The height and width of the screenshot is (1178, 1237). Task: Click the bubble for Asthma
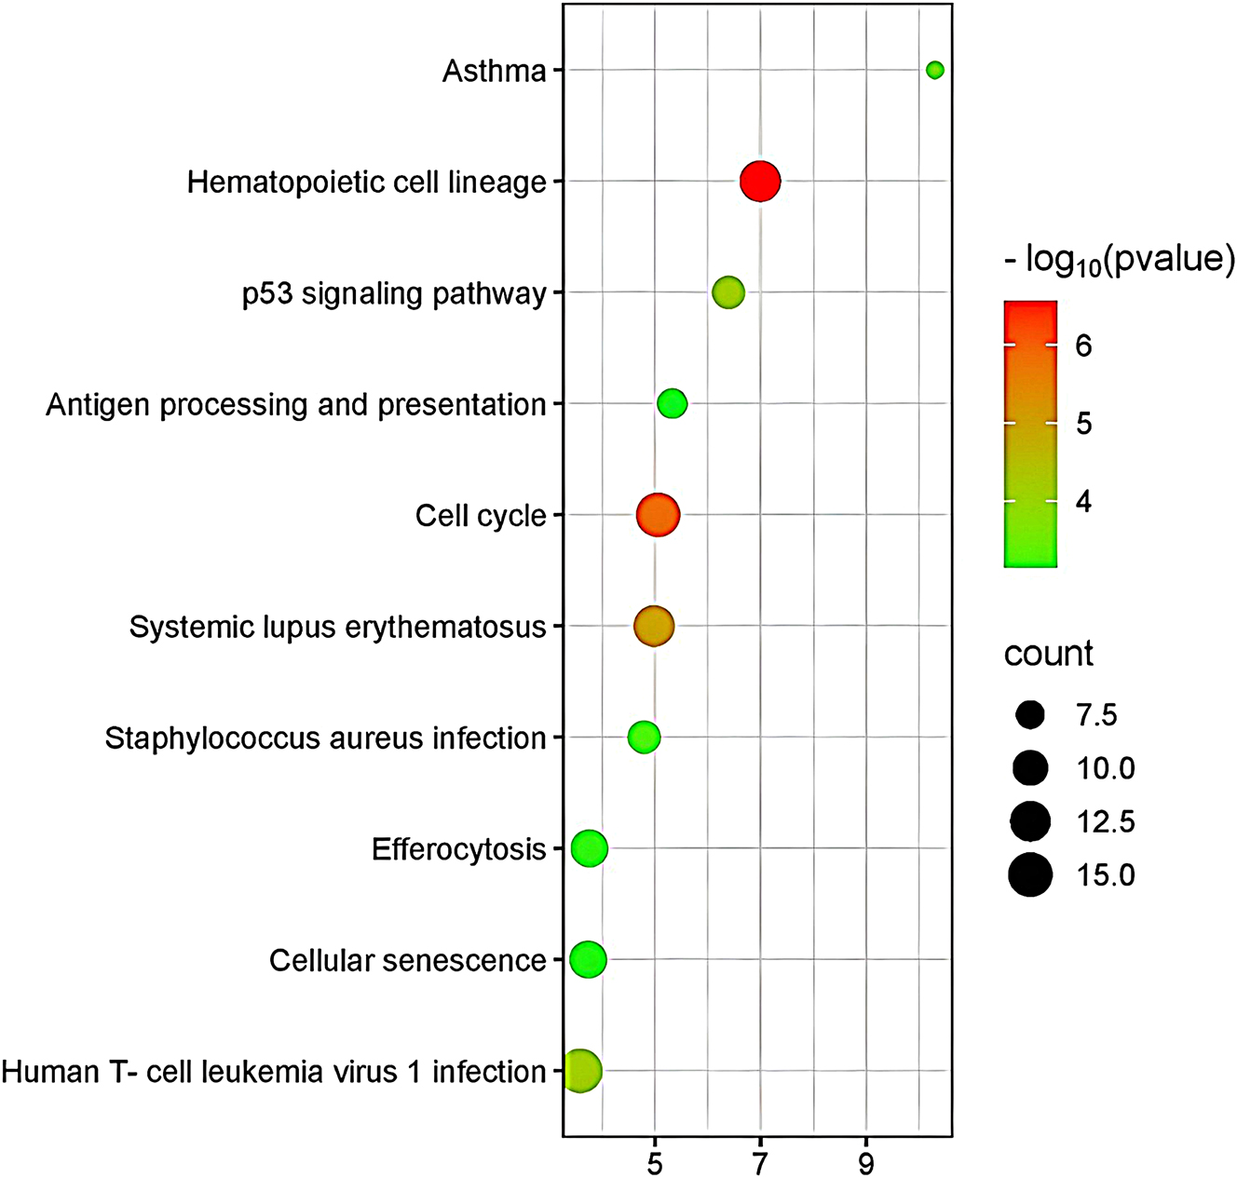(934, 70)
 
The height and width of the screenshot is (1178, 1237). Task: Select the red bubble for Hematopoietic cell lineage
(760, 181)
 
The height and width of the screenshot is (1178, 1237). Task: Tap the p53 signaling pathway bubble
(727, 292)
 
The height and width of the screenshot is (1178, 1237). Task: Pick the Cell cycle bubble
(658, 515)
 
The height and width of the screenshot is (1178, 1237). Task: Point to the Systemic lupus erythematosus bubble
(653, 626)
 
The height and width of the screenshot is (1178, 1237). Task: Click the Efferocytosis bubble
(589, 848)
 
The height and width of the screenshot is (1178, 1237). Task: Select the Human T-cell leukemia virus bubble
(581, 1071)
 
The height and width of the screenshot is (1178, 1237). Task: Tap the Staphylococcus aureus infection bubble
(644, 738)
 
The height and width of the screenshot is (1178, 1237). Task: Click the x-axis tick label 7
(760, 1162)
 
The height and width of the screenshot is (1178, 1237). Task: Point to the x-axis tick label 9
(866, 1162)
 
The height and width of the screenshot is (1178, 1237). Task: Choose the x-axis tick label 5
(654, 1162)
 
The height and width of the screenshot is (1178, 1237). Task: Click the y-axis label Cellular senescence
(407, 960)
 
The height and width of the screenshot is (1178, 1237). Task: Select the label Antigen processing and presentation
(295, 404)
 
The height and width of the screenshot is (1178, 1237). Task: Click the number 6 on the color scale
(1083, 345)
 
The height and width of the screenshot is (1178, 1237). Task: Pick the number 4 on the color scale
(1083, 502)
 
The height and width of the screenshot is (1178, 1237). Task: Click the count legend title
(1048, 654)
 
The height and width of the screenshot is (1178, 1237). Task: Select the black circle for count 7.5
(1029, 715)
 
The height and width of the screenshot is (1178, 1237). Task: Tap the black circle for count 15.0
(1029, 875)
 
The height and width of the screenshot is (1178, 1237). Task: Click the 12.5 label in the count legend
(1106, 822)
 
